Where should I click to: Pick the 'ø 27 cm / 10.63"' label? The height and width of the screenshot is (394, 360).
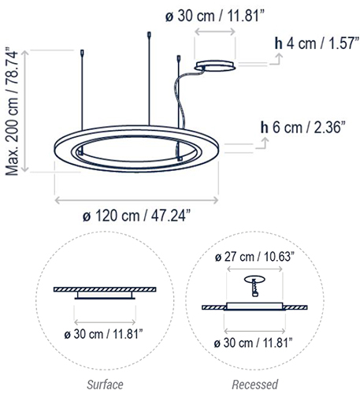point(254,256)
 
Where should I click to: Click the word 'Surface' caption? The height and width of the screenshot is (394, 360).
point(104,385)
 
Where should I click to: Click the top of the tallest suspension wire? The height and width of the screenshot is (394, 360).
point(148,34)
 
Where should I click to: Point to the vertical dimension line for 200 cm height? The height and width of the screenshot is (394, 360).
point(29,110)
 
